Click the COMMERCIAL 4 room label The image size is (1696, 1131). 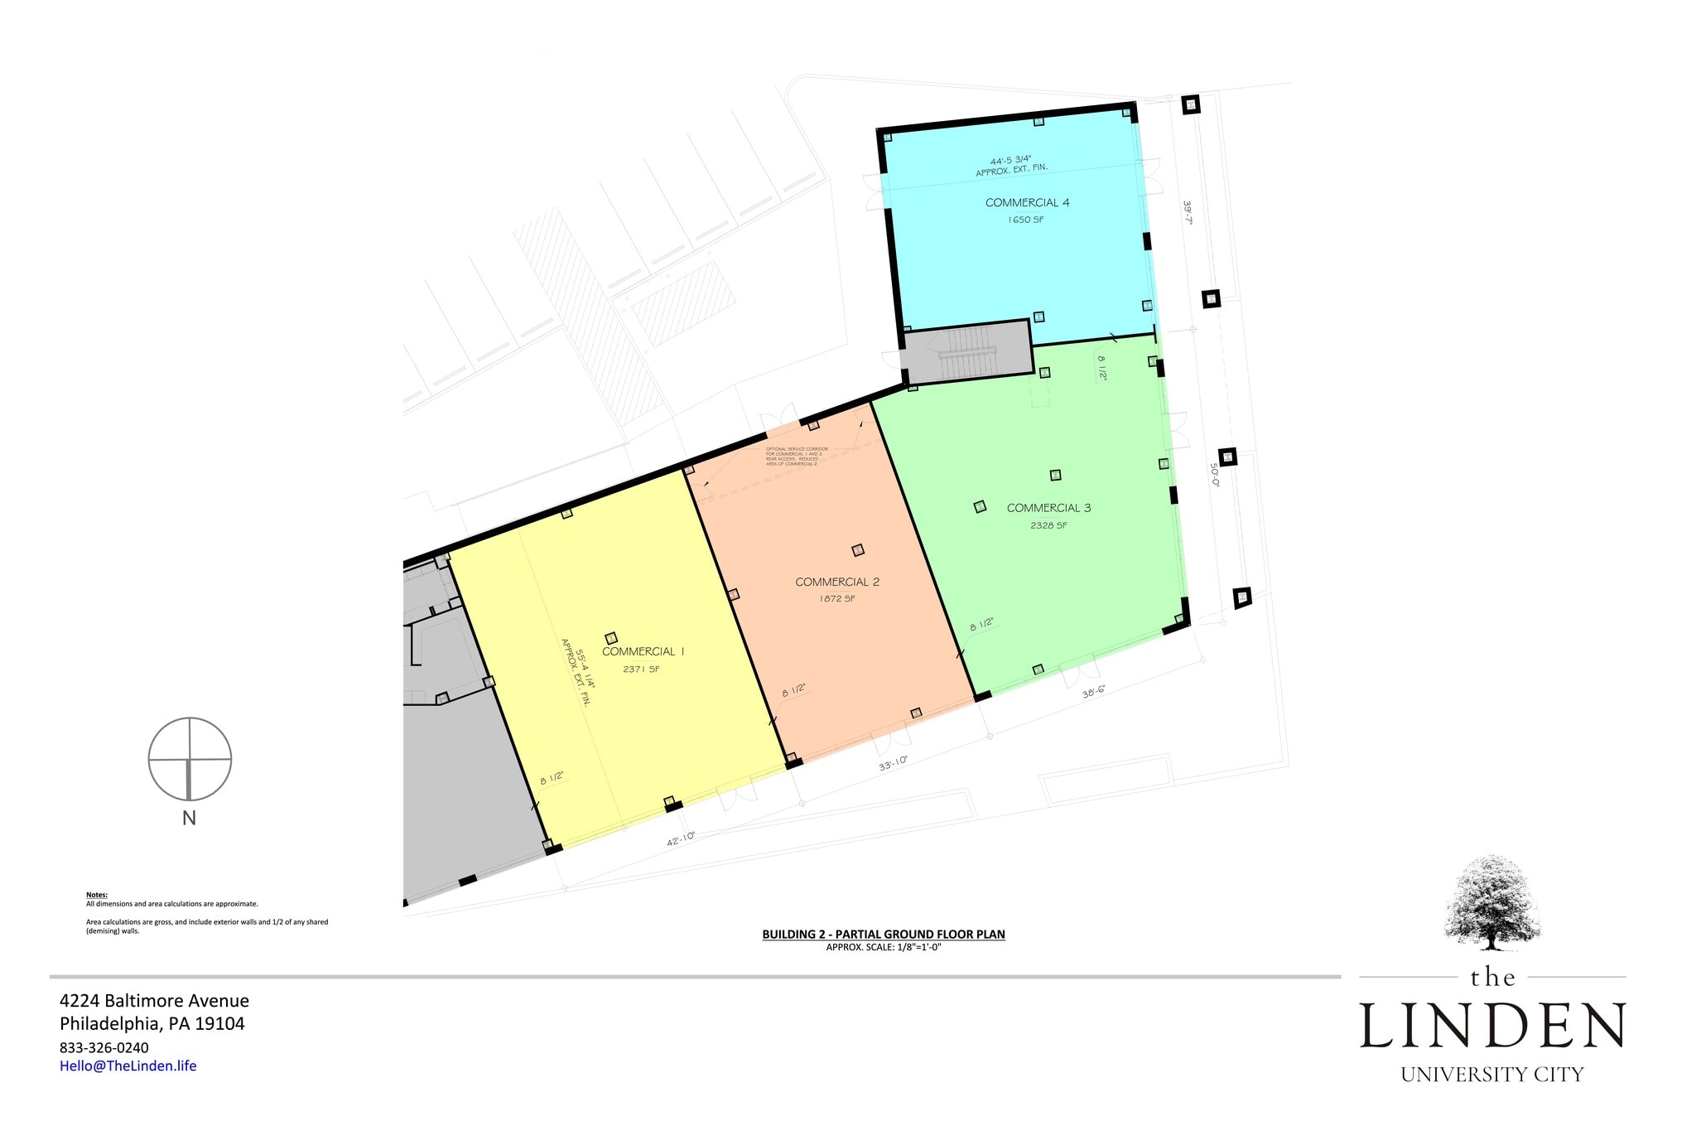tap(1027, 203)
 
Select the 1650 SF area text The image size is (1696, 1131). tap(1025, 220)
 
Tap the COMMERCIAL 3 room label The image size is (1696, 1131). tap(1048, 508)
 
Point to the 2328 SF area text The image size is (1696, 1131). tap(1048, 525)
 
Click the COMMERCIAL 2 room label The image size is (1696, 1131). tap(837, 582)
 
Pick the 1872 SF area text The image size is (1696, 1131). tap(837, 598)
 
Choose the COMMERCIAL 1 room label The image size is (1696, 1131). tap(643, 652)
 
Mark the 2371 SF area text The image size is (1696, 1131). tap(642, 669)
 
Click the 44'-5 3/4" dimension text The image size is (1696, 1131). tap(1010, 161)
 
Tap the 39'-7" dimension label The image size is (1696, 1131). tap(1188, 213)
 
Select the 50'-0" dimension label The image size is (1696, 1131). tap(1215, 475)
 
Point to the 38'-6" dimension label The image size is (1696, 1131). tap(1093, 691)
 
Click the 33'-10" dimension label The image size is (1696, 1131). tap(893, 763)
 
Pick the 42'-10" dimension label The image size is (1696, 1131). tap(681, 839)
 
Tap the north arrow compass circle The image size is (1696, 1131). tap(190, 759)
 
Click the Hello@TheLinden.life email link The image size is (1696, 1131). tap(128, 1066)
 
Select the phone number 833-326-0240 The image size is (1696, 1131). tap(104, 1047)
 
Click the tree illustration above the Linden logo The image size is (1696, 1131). tap(1492, 903)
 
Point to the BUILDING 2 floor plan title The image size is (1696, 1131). tap(884, 934)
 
